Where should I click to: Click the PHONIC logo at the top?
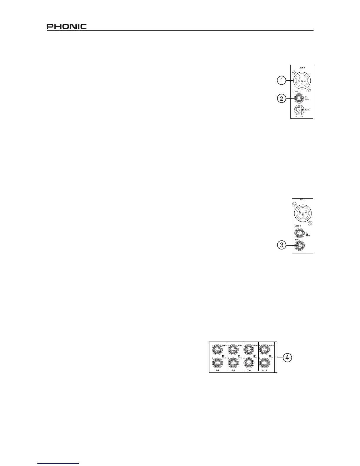pyautogui.click(x=66, y=26)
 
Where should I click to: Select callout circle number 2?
pyautogui.click(x=282, y=99)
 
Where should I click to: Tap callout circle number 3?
pyautogui.click(x=282, y=245)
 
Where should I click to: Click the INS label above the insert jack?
pyautogui.click(x=296, y=240)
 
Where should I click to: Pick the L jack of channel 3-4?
pyautogui.click(x=217, y=350)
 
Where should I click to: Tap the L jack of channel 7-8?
pyautogui.click(x=249, y=350)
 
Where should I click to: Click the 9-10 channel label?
pyautogui.click(x=264, y=370)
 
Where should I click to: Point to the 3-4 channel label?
pyautogui.click(x=217, y=370)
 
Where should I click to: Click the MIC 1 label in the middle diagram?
pyautogui.click(x=303, y=199)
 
